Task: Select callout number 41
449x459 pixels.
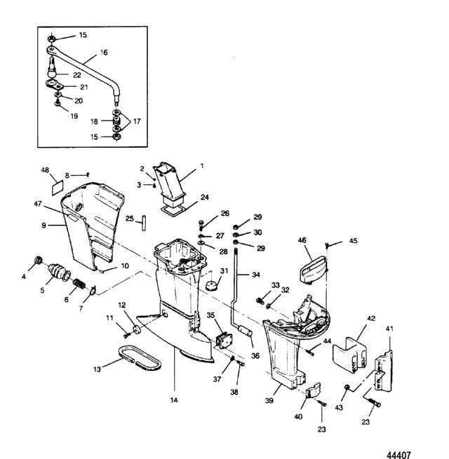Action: click(x=389, y=328)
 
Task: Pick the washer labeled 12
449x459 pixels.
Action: click(x=135, y=329)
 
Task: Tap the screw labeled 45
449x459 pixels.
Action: click(x=328, y=245)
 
